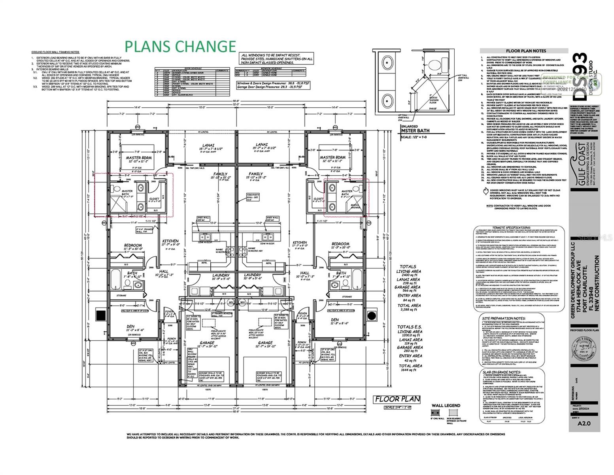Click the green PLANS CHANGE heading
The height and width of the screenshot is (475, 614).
pyautogui.click(x=180, y=46)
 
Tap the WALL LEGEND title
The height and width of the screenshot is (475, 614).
pyautogui.click(x=446, y=405)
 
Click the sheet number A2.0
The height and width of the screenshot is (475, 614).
pyautogui.click(x=584, y=423)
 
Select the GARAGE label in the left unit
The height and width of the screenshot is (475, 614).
pyautogui.click(x=207, y=343)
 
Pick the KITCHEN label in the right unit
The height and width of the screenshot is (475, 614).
pyautogui.click(x=300, y=243)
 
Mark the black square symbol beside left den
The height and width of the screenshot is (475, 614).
pyautogui.click(x=101, y=315)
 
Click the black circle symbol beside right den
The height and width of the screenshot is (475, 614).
pyautogui.click(x=372, y=315)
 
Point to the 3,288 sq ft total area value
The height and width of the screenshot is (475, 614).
pyautogui.click(x=409, y=311)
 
